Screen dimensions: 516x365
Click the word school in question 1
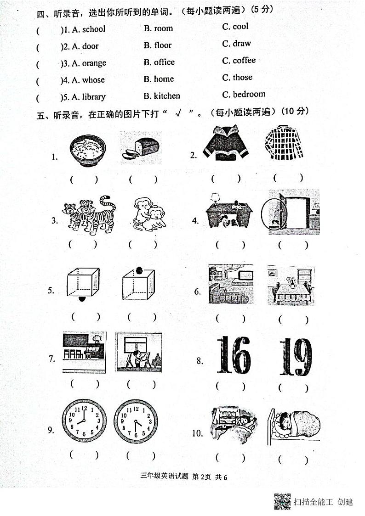(x=94, y=29)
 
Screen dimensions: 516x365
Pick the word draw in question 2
(x=242, y=44)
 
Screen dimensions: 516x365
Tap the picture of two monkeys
(x=148, y=214)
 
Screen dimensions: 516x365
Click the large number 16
(x=234, y=355)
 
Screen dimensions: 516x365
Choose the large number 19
(x=295, y=356)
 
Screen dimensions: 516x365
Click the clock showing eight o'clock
(x=84, y=421)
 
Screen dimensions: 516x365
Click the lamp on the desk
(x=215, y=198)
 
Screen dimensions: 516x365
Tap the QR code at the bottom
(x=282, y=501)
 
